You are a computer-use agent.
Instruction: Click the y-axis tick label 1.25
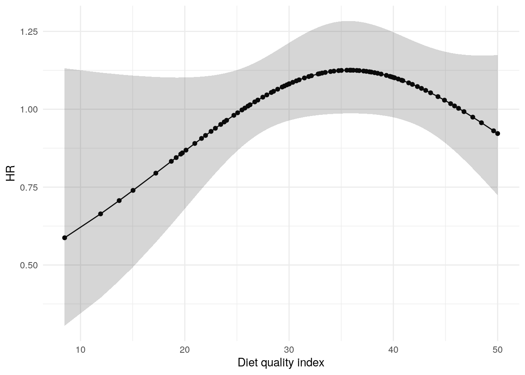click(x=29, y=31)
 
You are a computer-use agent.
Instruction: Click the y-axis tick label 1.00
click(x=29, y=109)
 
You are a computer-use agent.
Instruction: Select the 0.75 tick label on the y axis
click(x=29, y=187)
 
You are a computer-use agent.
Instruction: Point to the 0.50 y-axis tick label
click(x=29, y=265)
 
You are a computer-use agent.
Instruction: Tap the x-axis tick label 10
click(x=80, y=349)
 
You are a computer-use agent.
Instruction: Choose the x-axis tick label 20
click(x=185, y=349)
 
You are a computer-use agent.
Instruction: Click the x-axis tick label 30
click(x=289, y=349)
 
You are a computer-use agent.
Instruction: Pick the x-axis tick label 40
click(x=393, y=349)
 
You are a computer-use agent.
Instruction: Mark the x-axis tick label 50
click(x=497, y=349)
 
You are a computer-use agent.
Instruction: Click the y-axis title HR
click(x=11, y=173)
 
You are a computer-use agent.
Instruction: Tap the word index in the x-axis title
click(x=312, y=363)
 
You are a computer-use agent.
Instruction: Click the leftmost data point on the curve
click(x=65, y=238)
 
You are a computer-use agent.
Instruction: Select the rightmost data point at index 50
click(x=498, y=134)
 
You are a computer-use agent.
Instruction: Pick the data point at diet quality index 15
click(x=133, y=190)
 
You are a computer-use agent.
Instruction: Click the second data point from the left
click(x=100, y=214)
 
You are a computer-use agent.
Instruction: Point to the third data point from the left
click(x=119, y=200)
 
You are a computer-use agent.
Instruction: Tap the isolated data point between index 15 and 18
click(x=156, y=173)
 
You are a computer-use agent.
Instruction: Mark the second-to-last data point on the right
click(x=493, y=131)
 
